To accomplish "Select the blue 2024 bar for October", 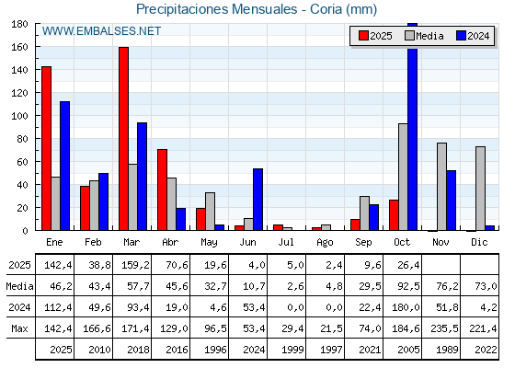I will click(413, 127).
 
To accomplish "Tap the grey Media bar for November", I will click(441, 187).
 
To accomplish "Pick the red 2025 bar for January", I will click(46, 148).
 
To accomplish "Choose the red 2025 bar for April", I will click(162, 190).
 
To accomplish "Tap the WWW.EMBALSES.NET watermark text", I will click(101, 31).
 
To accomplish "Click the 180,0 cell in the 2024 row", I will click(404, 307).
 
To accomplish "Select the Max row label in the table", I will click(18, 328).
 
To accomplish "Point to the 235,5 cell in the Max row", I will click(442, 328).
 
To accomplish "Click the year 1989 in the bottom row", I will click(442, 350).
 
